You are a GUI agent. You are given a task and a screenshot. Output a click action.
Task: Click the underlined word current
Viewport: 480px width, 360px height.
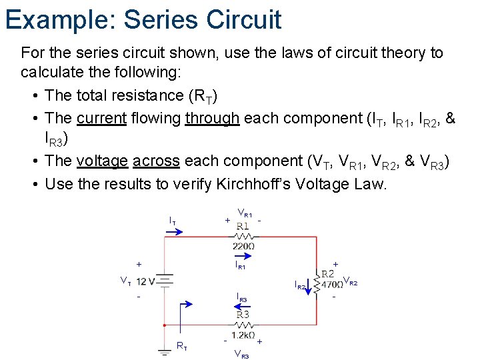click(101, 119)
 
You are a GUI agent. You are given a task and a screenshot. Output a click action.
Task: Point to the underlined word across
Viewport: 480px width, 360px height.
click(156, 161)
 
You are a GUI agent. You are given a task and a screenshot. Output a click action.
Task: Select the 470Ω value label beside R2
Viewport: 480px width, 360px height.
click(331, 285)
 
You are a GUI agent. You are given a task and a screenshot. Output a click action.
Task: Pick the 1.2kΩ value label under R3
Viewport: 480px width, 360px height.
click(243, 335)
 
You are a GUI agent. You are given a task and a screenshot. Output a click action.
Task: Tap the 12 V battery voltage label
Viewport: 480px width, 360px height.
click(145, 281)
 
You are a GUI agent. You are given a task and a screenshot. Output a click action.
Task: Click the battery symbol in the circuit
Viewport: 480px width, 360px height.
click(164, 281)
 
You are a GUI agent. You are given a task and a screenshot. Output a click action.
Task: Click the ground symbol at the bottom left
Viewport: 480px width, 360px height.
click(164, 351)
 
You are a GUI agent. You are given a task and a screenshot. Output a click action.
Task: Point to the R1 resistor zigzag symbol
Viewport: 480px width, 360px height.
click(243, 236)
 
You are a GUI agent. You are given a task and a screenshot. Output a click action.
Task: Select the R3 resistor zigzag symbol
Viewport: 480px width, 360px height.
click(243, 325)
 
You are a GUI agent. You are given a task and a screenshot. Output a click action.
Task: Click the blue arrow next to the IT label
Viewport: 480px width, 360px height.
click(176, 231)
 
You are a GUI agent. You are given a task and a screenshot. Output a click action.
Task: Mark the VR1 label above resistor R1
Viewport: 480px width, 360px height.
click(245, 214)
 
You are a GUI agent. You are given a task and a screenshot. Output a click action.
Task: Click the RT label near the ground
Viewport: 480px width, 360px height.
click(181, 345)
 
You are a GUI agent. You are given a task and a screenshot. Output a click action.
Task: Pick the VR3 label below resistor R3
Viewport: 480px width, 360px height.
click(241, 355)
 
